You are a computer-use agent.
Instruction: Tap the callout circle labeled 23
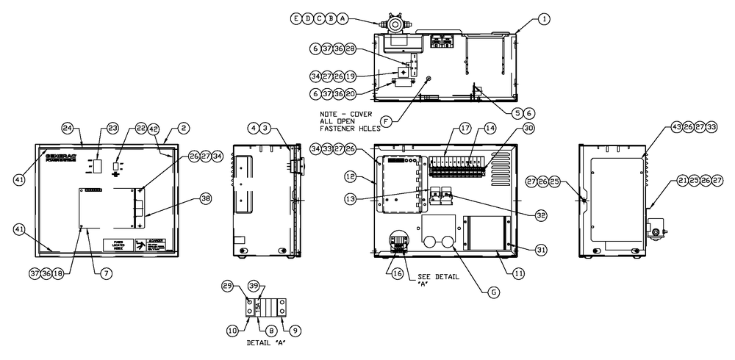click(112, 128)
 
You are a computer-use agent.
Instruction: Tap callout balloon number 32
click(541, 215)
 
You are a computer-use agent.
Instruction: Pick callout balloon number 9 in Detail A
click(295, 331)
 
